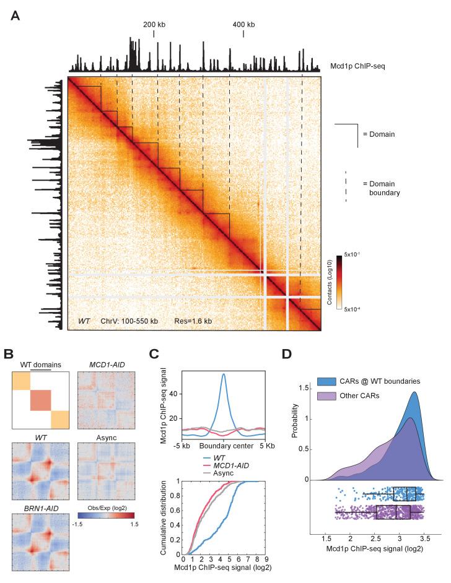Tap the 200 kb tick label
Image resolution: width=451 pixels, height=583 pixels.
[x=154, y=24]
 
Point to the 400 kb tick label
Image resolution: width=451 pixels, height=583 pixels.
[x=243, y=24]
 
